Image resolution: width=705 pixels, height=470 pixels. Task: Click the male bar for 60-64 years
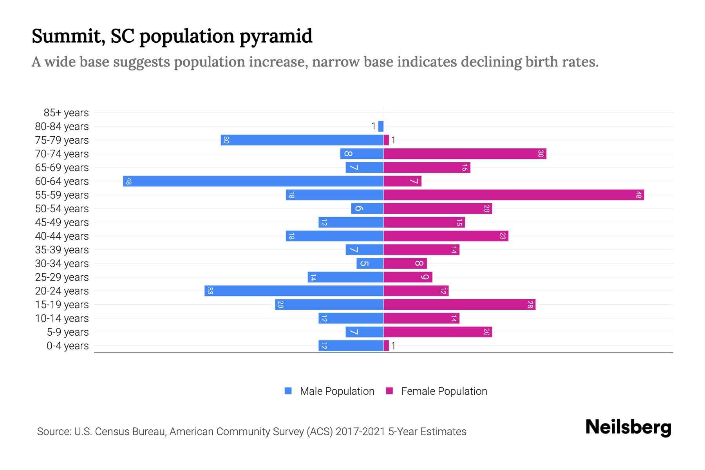[253, 181]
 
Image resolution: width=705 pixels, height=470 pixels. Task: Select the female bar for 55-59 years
[513, 195]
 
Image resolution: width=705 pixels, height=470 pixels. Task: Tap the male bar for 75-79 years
[302, 140]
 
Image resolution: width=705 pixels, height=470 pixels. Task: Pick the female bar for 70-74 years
[465, 154]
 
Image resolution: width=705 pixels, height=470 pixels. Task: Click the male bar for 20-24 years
[294, 291]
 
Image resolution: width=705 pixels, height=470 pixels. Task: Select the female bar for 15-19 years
[459, 305]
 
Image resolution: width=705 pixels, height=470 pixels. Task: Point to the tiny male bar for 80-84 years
[381, 127]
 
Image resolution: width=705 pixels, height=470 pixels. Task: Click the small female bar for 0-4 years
[386, 346]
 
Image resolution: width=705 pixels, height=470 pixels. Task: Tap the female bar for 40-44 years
[446, 236]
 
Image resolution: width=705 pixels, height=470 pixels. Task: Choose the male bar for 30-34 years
[370, 264]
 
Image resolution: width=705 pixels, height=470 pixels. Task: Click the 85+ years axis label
[66, 113]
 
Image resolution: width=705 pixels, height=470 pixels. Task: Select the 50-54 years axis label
[62, 209]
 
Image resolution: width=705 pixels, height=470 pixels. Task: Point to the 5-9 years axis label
[68, 332]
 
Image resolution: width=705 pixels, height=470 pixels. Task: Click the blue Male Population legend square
[288, 391]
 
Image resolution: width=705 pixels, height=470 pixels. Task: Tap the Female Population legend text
[444, 391]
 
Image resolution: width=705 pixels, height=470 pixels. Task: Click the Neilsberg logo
[628, 427]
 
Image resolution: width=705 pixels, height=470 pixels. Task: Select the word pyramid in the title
[276, 36]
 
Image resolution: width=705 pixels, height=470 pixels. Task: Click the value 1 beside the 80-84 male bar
[374, 126]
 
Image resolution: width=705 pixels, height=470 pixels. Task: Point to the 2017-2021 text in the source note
[360, 432]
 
